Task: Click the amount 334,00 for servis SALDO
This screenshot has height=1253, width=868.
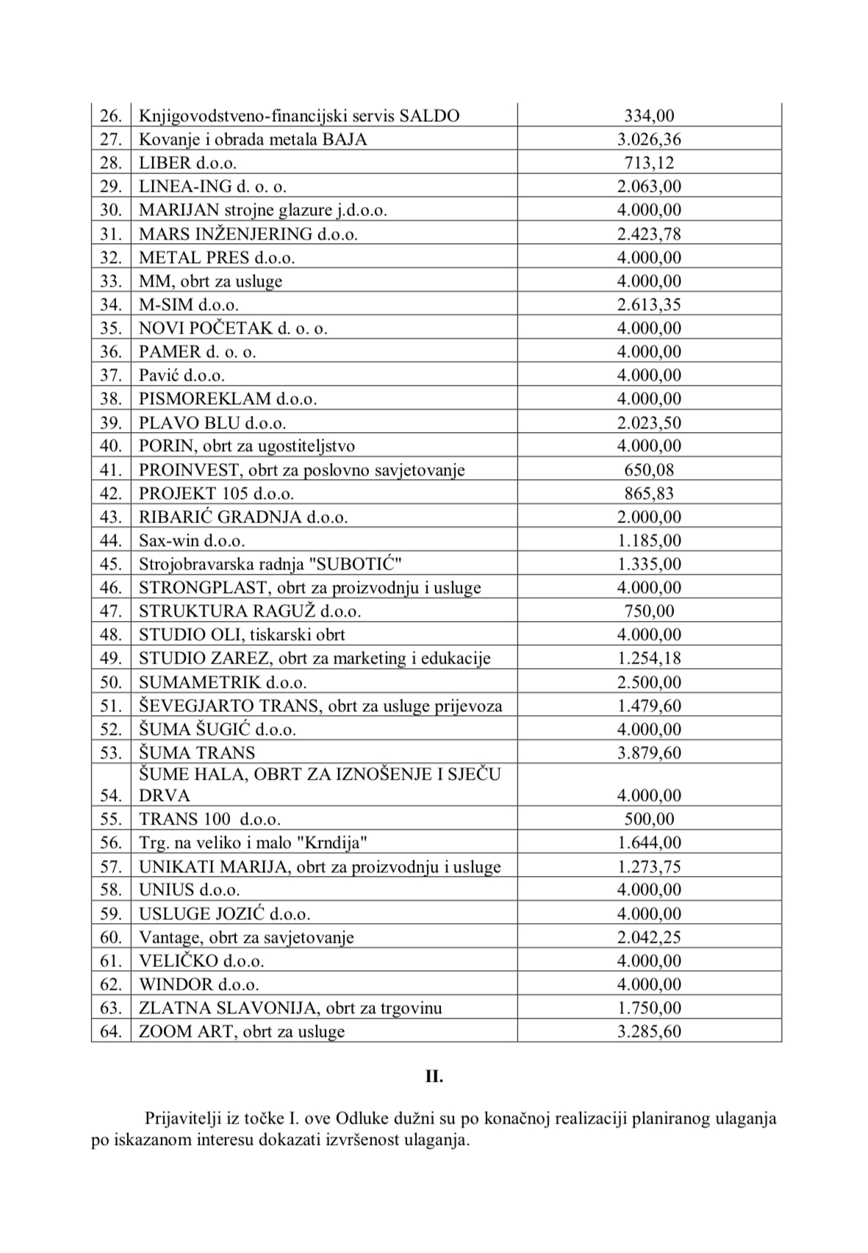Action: [x=649, y=115]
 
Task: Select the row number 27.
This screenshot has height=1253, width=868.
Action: [x=110, y=139]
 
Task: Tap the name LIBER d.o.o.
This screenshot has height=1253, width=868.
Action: [x=187, y=163]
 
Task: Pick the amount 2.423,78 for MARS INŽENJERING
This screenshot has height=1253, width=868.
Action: [x=649, y=234]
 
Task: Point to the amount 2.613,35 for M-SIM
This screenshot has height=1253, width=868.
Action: [x=649, y=304]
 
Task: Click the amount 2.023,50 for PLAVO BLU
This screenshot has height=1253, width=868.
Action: [x=649, y=423]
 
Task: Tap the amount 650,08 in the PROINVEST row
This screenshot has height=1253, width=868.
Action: [x=649, y=470]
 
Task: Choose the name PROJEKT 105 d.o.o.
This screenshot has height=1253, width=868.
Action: [x=216, y=493]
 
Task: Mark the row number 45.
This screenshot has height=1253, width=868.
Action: [x=110, y=564]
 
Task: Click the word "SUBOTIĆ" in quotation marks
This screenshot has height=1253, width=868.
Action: [x=357, y=564]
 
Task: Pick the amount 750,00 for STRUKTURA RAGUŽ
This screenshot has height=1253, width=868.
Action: [x=649, y=611]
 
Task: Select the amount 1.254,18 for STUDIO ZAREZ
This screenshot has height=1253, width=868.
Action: [x=649, y=658]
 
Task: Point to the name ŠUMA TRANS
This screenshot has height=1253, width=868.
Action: [x=197, y=753]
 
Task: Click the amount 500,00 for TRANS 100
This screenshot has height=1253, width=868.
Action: [x=649, y=819]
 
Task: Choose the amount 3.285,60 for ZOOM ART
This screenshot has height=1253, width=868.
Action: [x=649, y=1031]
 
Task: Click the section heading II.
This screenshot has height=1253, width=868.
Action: [x=434, y=1077]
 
